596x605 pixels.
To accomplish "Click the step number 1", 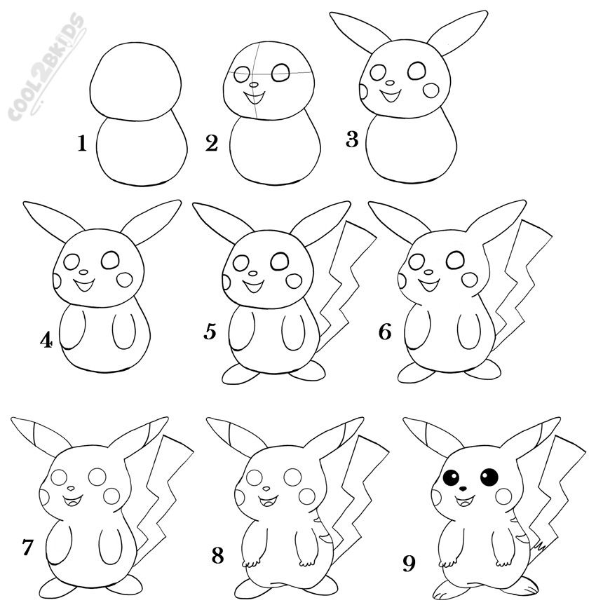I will click(x=82, y=144).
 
